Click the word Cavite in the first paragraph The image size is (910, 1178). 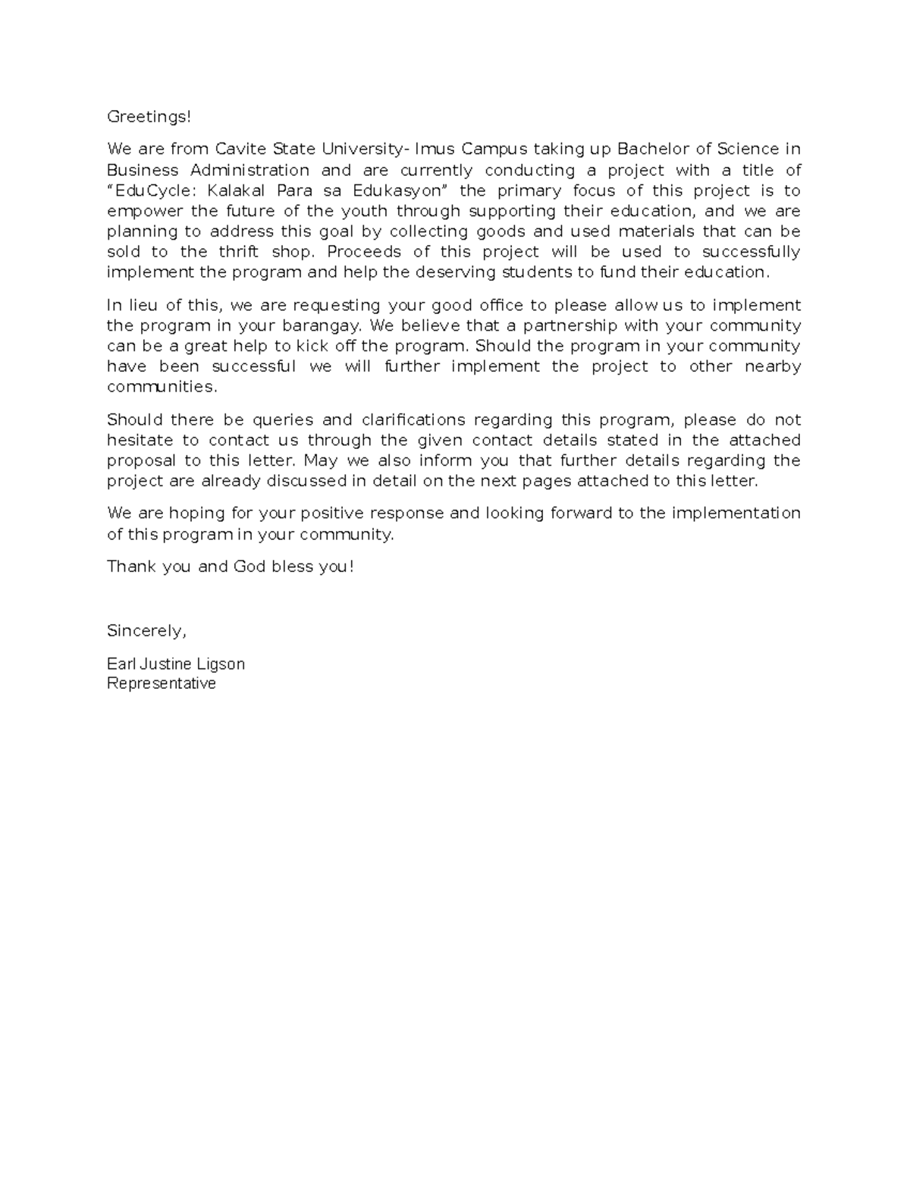(236, 149)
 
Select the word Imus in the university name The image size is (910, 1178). (433, 149)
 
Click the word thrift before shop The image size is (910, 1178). (239, 252)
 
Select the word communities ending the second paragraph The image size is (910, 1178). (162, 387)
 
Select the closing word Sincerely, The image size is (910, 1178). (146, 631)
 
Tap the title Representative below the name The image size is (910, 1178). (162, 683)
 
